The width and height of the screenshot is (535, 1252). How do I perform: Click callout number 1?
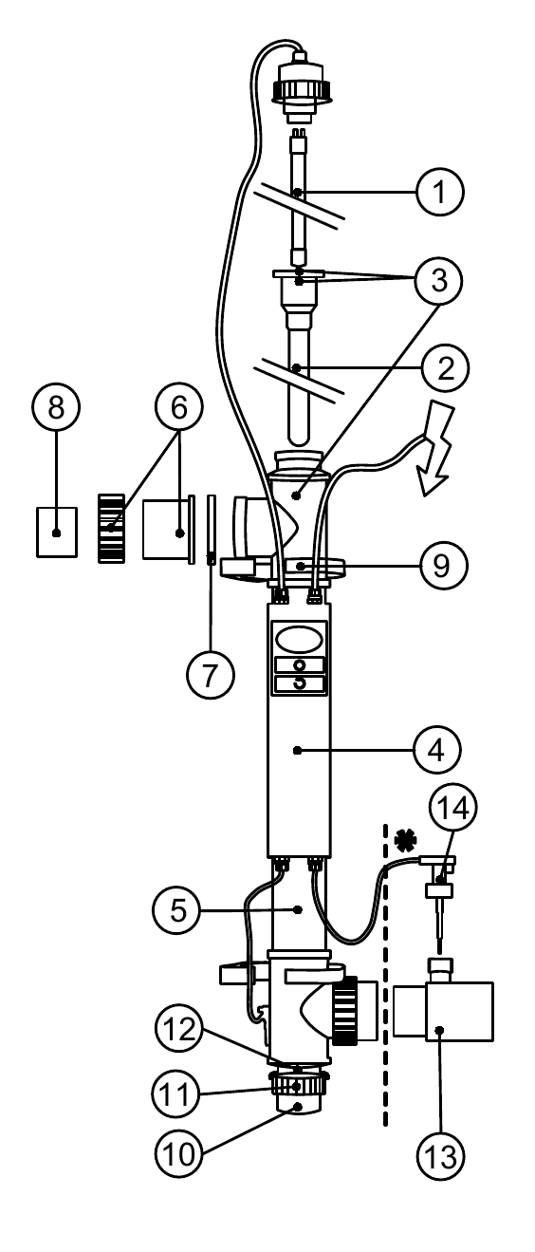coord(439,192)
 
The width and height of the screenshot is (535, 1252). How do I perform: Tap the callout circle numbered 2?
coord(445,367)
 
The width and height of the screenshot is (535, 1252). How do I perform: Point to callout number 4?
coord(436,750)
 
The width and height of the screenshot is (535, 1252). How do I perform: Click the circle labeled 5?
coord(176,910)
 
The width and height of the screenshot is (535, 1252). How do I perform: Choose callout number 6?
coord(178,407)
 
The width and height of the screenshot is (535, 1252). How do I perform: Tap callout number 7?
coord(210,674)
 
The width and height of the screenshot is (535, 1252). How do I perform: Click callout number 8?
coord(56,407)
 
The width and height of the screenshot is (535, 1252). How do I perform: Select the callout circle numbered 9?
coord(441,566)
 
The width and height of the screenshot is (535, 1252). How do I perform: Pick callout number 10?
coord(178,1153)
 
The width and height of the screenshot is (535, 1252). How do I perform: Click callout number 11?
coord(175,1093)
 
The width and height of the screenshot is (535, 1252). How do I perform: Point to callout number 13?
coord(441,1156)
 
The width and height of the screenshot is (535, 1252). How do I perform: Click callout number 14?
coord(452,808)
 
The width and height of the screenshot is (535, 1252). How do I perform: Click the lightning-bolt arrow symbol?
coord(434,450)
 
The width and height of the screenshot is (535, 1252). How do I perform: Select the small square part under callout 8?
coord(56,533)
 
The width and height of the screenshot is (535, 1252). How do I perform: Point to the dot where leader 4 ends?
coord(297,750)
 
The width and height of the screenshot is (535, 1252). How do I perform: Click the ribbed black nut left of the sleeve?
coord(111,528)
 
